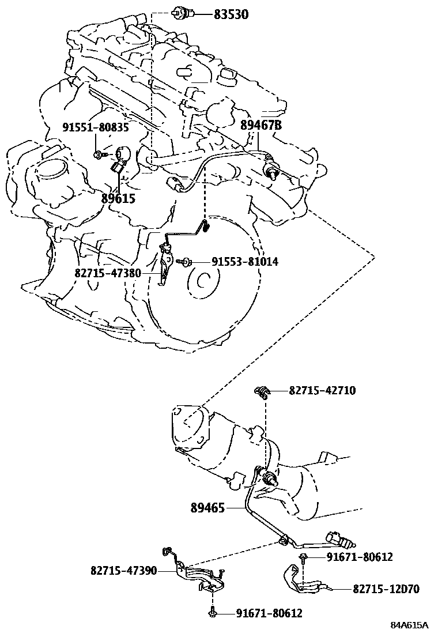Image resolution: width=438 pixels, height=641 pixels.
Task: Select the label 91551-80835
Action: tap(96, 127)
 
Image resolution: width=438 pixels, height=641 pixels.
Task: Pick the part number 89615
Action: tap(118, 198)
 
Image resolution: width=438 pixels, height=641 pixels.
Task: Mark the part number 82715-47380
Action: tap(107, 273)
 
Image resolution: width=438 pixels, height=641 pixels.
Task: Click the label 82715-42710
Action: tap(322, 391)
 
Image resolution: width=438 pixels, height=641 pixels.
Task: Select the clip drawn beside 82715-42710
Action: tap(262, 393)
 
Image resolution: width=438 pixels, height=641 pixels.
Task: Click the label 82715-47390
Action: tap(123, 571)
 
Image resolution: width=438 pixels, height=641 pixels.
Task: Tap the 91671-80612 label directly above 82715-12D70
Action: tap(360, 557)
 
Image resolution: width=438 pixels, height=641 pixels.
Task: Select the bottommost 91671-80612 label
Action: tap(269, 613)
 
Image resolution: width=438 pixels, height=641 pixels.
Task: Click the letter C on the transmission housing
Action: tap(201, 281)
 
